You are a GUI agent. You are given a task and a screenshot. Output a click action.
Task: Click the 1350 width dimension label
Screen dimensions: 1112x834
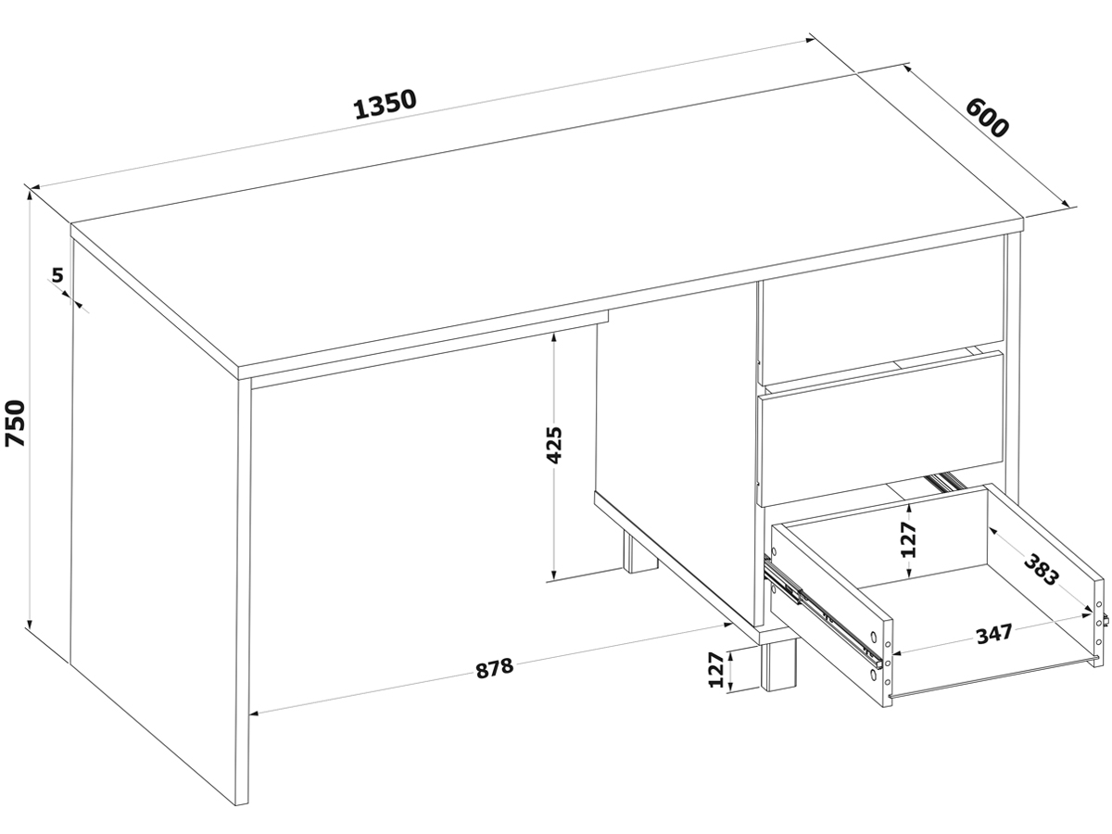pyautogui.click(x=385, y=105)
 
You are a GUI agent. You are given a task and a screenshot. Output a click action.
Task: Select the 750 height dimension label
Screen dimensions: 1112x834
pyautogui.click(x=15, y=423)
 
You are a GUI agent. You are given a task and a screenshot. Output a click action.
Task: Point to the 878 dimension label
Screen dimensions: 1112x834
pyautogui.click(x=495, y=668)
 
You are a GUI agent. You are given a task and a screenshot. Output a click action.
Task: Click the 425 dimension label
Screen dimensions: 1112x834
pyautogui.click(x=554, y=445)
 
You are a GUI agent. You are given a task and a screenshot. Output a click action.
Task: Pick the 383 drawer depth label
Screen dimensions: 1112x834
pyautogui.click(x=1041, y=570)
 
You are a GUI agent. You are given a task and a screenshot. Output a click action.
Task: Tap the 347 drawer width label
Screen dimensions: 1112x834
pyautogui.click(x=994, y=633)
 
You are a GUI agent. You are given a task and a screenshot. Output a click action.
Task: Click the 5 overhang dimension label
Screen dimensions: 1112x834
pyautogui.click(x=57, y=275)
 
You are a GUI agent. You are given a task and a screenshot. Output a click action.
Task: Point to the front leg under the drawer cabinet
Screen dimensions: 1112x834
pyautogui.click(x=779, y=665)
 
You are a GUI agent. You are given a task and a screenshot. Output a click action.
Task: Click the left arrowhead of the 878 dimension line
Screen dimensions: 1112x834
pyautogui.click(x=256, y=714)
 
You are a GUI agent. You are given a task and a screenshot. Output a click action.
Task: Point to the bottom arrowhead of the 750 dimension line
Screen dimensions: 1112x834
pyautogui.click(x=31, y=624)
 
